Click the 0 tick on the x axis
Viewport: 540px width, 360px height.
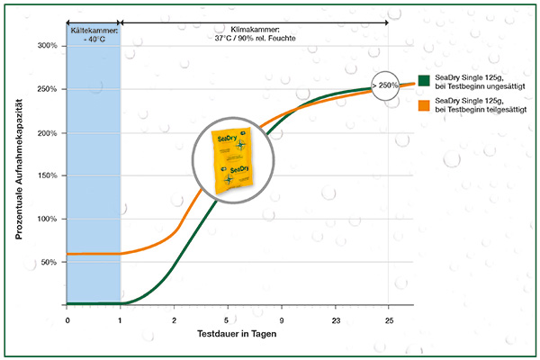click(67, 318)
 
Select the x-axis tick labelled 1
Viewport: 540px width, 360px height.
click(120, 318)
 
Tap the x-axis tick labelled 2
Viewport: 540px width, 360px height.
click(173, 318)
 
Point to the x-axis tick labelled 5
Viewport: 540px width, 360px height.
click(227, 318)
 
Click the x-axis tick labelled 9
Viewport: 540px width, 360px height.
click(281, 318)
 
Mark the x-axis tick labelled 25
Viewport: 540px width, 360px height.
click(388, 318)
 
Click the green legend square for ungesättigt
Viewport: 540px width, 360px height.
click(425, 79)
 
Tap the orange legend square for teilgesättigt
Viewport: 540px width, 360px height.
click(425, 106)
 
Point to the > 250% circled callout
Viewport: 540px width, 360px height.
click(388, 84)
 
